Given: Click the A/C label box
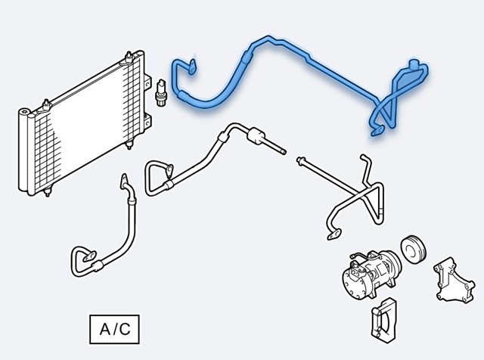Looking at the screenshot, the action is (114, 329).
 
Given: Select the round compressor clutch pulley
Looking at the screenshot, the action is (414, 250).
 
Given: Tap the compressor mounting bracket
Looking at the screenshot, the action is (455, 283).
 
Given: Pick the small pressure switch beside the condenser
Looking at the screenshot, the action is (161, 92).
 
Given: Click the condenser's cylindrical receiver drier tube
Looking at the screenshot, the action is (23, 151).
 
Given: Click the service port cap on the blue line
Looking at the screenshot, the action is (414, 64).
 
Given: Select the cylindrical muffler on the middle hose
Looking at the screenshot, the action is (256, 136).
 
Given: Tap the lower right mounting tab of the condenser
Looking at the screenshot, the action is (147, 121).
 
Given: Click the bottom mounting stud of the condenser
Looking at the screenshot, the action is (47, 191).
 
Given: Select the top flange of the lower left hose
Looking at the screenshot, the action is (124, 181).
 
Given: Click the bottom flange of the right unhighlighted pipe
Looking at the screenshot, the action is (334, 234).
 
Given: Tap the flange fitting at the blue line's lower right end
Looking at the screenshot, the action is (378, 131).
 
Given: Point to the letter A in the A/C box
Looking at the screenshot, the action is (104, 329).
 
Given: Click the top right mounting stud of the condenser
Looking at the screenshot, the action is (129, 57).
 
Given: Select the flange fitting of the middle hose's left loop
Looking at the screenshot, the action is (169, 171).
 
